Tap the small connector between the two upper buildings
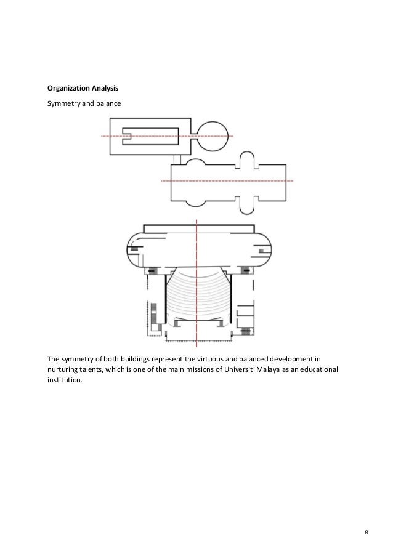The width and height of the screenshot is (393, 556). (x=177, y=160)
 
